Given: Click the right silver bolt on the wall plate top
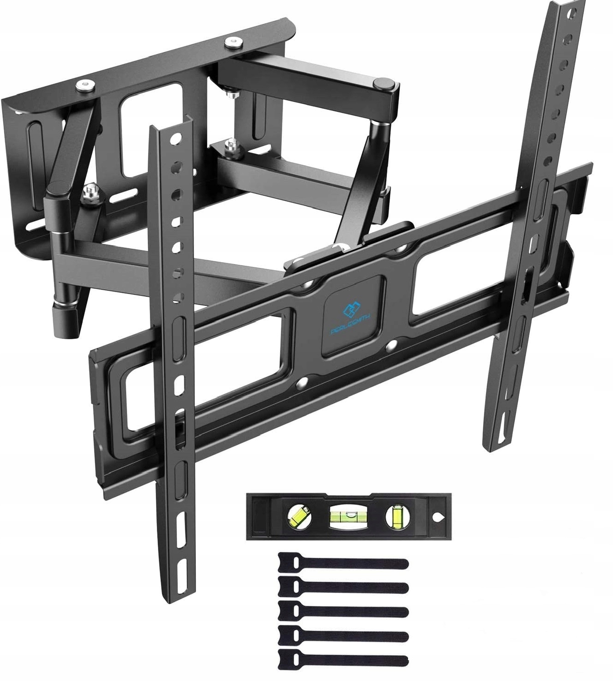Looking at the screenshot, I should pyautogui.click(x=231, y=44).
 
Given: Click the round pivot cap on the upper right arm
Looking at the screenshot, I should pyautogui.click(x=385, y=84).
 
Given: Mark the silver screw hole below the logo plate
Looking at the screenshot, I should pyautogui.click(x=391, y=345).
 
